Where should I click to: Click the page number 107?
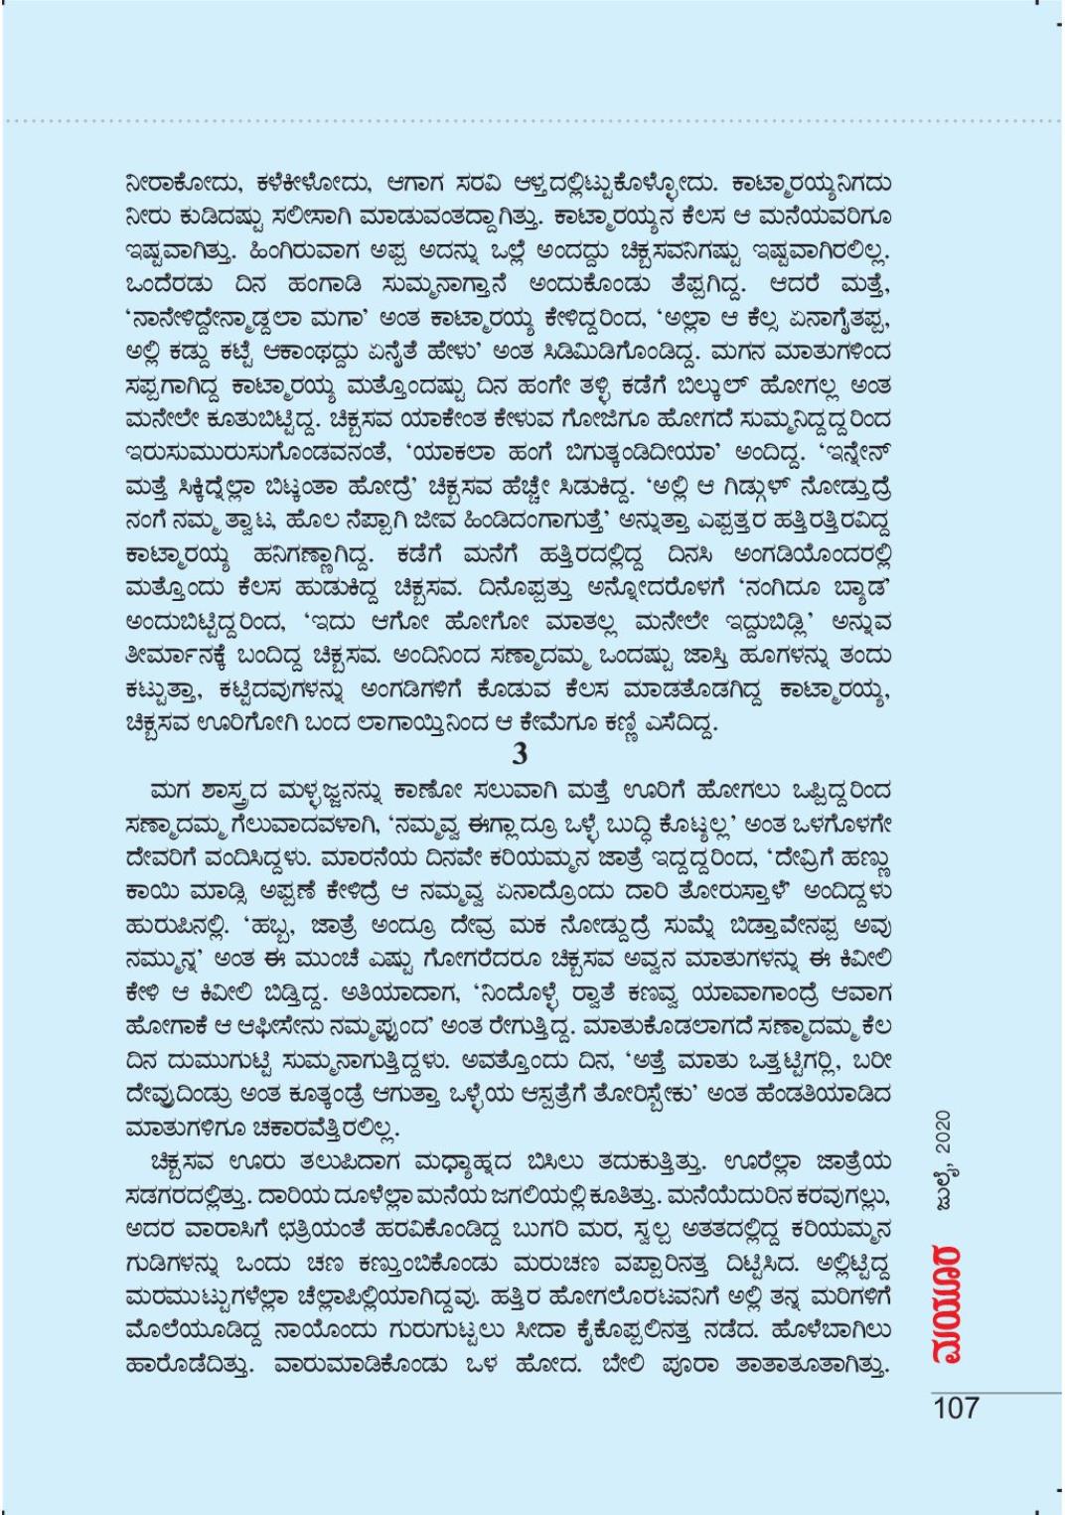click(x=956, y=1408)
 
